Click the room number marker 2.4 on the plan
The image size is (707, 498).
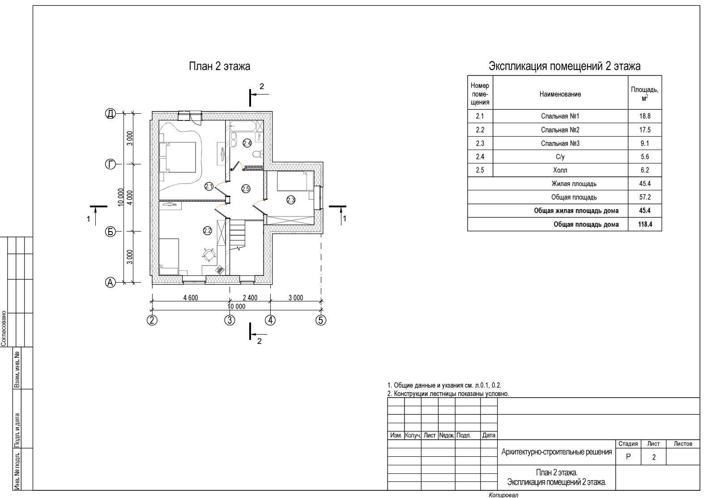point(247,143)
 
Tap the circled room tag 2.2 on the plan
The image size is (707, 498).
point(207,231)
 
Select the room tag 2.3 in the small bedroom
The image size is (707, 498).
point(291,200)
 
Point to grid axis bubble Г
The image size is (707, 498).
point(110,164)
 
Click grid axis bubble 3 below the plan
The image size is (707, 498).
point(230,320)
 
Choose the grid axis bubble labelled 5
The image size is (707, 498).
point(321,320)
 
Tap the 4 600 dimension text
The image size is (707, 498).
point(191,298)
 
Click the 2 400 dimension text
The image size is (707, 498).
point(250,298)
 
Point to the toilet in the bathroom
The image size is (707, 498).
point(257,155)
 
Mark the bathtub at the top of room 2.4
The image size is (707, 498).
point(244,126)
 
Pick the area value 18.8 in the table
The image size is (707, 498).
point(644,116)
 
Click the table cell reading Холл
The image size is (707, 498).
point(560,171)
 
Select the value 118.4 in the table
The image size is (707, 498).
point(644,224)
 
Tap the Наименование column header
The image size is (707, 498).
point(560,94)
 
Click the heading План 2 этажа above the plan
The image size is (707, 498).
point(219,67)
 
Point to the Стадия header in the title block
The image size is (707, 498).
point(628,444)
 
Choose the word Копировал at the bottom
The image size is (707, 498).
point(503,495)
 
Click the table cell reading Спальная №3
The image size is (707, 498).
point(560,144)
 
